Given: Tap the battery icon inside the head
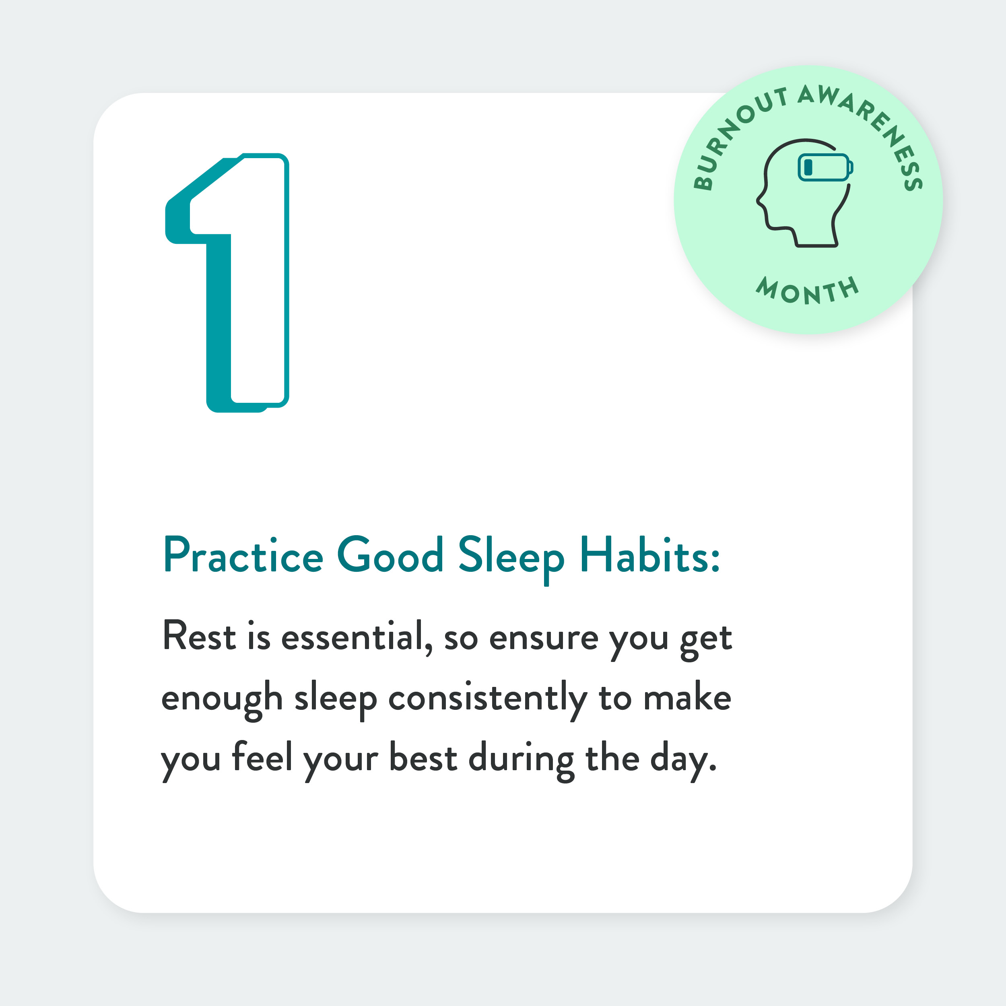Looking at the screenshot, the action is (x=825, y=167).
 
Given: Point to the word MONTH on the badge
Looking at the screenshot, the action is (x=808, y=291).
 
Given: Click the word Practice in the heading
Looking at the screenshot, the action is (x=243, y=556).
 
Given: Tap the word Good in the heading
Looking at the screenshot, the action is (x=390, y=555).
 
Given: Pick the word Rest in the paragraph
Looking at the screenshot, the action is (x=200, y=636).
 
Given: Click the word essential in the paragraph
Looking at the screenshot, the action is (x=357, y=636).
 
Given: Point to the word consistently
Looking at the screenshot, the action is (x=488, y=700).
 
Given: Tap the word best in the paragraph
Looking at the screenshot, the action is (x=423, y=756).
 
